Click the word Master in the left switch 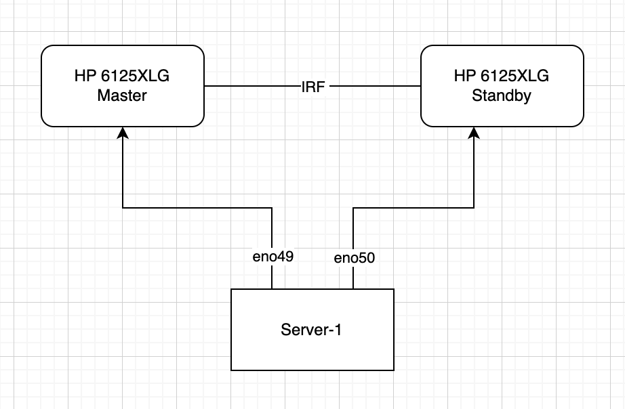coord(122,95)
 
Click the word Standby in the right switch coord(502,95)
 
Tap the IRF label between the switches coord(312,87)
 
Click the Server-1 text coord(312,330)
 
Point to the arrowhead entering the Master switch coord(123,133)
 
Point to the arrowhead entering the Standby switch coord(475,133)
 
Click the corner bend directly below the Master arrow coord(123,208)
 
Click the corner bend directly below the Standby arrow coord(475,208)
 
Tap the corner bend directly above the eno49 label coord(272,208)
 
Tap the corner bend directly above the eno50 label coord(353,208)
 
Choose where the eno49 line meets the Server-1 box coord(272,289)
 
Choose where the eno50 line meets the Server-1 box coord(353,289)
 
